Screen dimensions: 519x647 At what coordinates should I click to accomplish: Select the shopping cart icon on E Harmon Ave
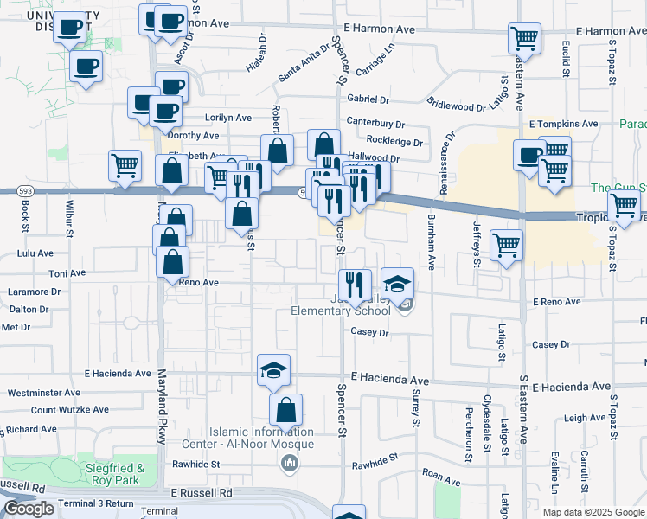tap(524, 38)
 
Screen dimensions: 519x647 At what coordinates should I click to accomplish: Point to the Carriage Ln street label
tap(377, 58)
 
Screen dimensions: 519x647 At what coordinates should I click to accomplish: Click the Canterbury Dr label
tap(375, 124)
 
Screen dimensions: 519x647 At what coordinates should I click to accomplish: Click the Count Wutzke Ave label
tap(70, 410)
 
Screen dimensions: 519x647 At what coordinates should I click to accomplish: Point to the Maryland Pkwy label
tap(162, 407)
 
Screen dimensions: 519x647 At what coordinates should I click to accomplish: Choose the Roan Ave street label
tap(441, 473)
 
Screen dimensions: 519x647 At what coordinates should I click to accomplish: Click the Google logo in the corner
tap(29, 509)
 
